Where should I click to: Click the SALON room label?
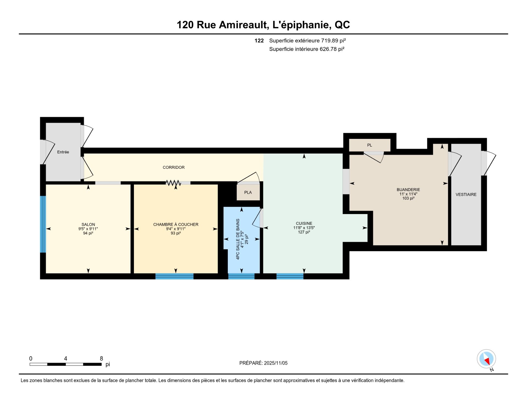coord(88,224)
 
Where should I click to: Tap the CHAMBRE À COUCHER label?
coord(176,224)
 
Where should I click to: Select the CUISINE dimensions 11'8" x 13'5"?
coord(304,228)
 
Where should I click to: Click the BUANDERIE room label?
coord(408,190)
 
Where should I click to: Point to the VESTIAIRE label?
coord(466,195)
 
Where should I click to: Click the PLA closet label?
coord(248,192)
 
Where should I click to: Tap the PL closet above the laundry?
coord(369,145)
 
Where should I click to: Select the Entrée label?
coord(63,152)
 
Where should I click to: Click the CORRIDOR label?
coord(173,167)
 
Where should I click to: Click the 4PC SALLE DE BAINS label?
coord(238,239)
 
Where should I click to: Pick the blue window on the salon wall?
coord(43,224)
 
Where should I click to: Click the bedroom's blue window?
coord(174,276)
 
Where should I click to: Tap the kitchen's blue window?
coord(290,276)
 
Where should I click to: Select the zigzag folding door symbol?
coord(173,183)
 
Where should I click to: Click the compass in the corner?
coord(486,359)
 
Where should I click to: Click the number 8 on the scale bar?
coord(101,358)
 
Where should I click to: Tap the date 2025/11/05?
coord(276,363)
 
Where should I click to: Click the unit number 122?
coord(259,41)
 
